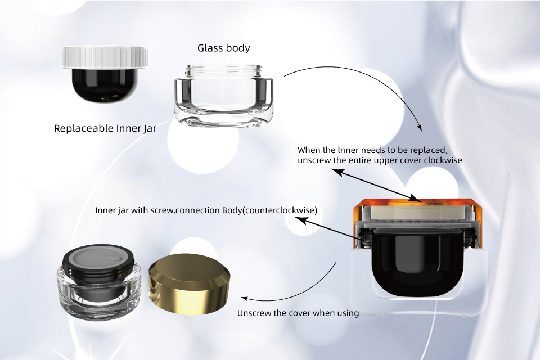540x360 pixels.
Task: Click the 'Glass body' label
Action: click(223, 48)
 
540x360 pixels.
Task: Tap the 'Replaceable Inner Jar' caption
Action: click(105, 128)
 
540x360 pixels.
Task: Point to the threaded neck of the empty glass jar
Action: click(223, 71)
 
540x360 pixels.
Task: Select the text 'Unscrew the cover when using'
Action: click(298, 313)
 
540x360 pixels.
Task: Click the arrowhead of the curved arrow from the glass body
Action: click(418, 129)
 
